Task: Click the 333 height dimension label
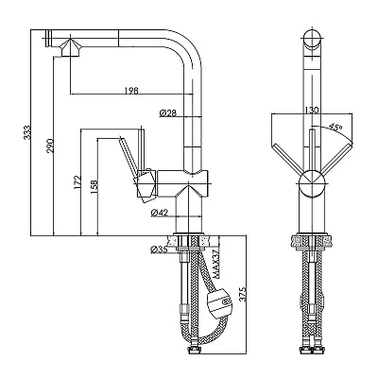[x=28, y=132]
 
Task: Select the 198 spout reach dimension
[x=131, y=91]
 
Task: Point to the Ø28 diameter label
[x=168, y=112]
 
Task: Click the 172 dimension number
[x=77, y=182]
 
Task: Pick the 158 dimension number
[x=94, y=187]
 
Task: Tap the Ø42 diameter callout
[x=159, y=213]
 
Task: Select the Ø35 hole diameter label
[x=159, y=249]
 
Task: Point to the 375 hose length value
[x=243, y=294]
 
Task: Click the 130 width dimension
[x=312, y=110]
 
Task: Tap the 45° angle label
[x=335, y=127]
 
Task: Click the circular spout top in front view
[x=312, y=39]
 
